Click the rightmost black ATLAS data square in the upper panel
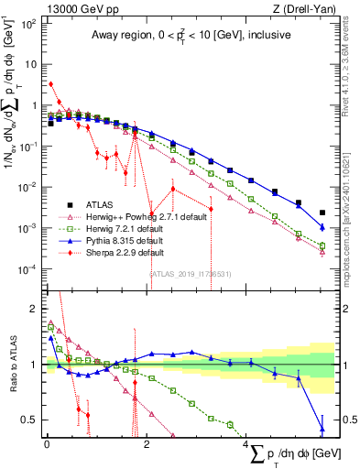(322, 212)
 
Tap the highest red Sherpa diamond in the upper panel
(50, 83)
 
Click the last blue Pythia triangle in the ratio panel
(322, 427)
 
